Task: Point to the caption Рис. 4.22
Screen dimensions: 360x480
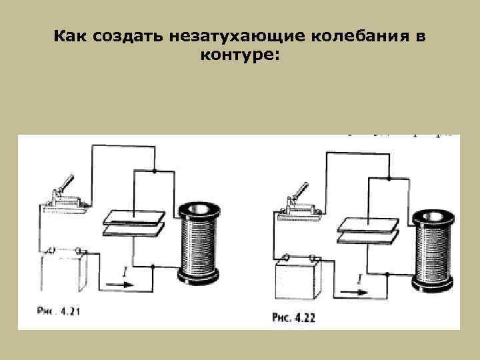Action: [x=293, y=317]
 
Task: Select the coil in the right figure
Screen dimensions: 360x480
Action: [x=434, y=249]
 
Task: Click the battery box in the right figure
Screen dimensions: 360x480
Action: [x=298, y=279]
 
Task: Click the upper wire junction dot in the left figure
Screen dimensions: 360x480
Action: [x=155, y=171]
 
